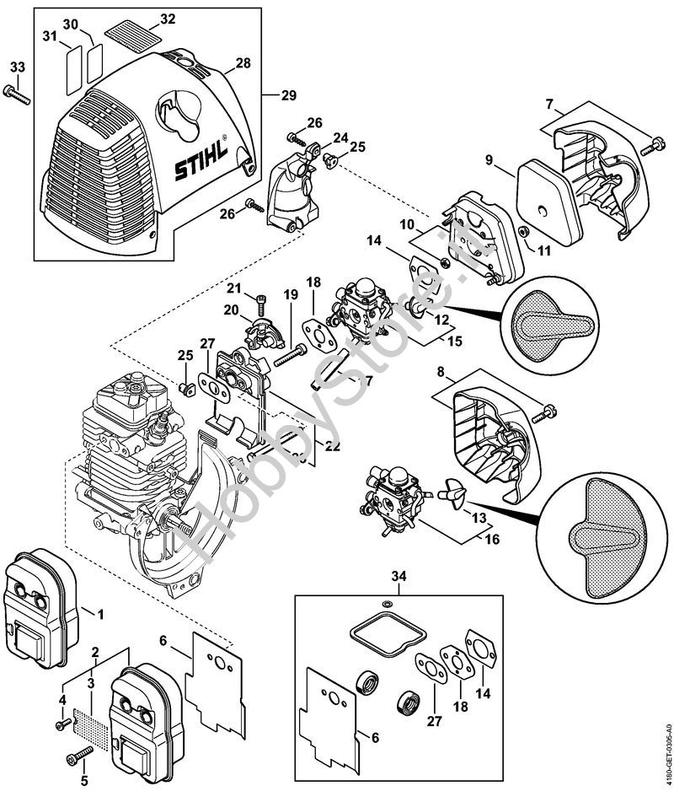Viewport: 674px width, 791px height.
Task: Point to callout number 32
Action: pos(168,19)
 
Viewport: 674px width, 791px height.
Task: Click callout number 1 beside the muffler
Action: pos(100,614)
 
